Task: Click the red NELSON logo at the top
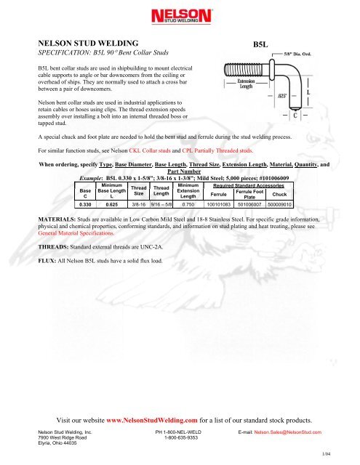(181, 16)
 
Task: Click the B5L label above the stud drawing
(260, 44)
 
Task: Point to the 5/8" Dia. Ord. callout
(297, 54)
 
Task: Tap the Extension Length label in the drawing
(246, 84)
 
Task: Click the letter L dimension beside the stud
(308, 92)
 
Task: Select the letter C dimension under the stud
(295, 115)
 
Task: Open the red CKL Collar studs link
(150, 150)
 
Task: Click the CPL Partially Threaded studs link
(217, 150)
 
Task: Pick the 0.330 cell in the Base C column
(85, 204)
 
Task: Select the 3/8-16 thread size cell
(139, 204)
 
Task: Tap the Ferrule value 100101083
(219, 204)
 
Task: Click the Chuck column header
(279, 194)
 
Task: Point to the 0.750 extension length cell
(188, 204)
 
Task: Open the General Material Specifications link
(76, 233)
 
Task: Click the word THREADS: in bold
(53, 247)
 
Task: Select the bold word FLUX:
(47, 261)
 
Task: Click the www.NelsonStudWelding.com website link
(152, 420)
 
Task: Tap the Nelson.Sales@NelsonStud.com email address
(287, 432)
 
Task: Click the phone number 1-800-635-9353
(181, 437)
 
